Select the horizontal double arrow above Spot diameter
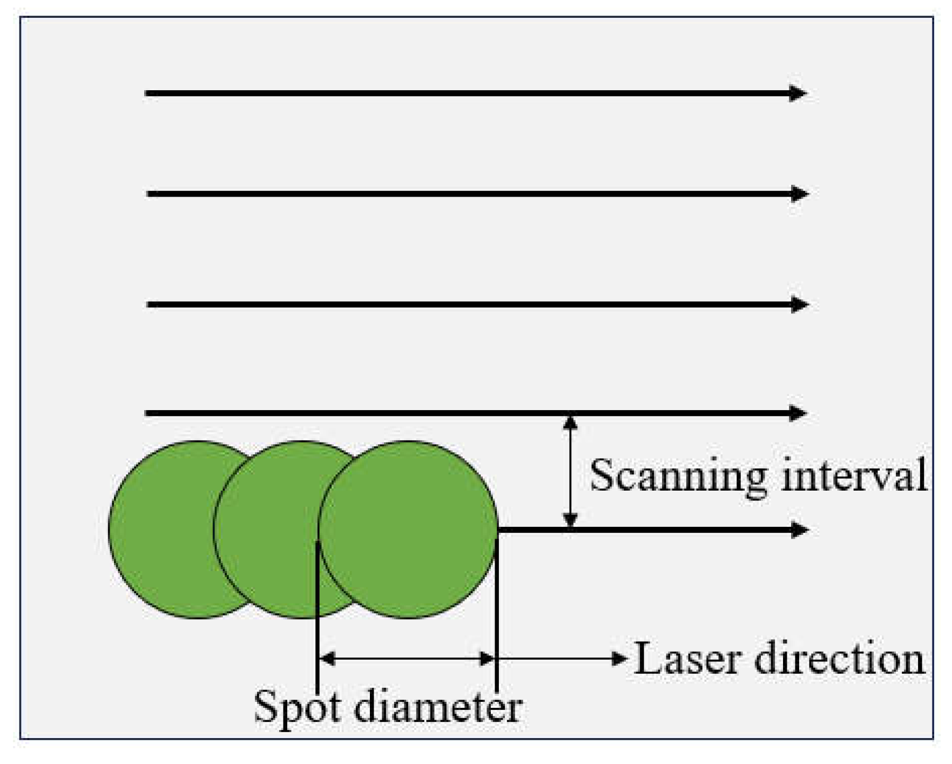click(x=407, y=659)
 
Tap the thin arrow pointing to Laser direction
click(x=562, y=659)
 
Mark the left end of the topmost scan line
click(x=147, y=93)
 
